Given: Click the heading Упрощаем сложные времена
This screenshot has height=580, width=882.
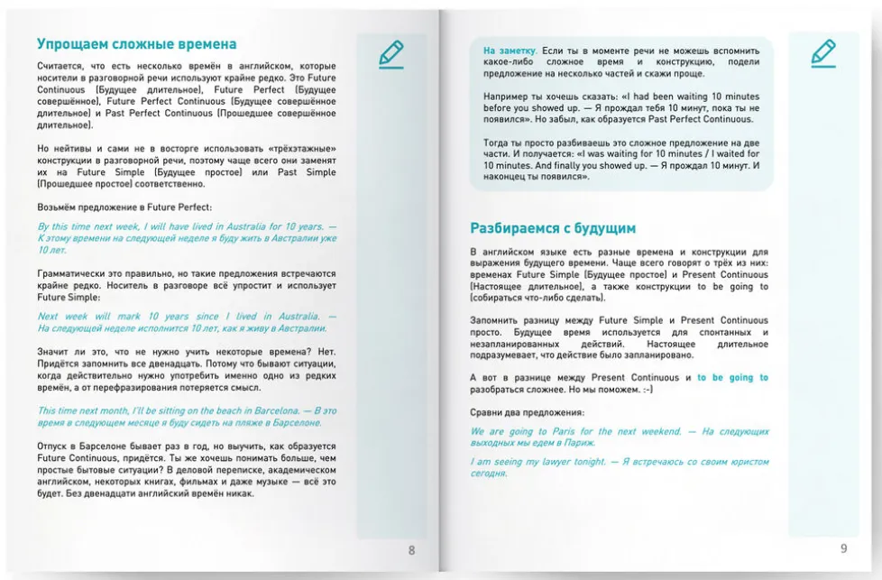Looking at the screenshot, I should [x=136, y=44].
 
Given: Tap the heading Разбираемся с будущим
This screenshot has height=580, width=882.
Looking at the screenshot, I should [x=553, y=227].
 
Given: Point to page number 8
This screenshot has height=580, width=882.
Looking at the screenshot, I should [x=412, y=549].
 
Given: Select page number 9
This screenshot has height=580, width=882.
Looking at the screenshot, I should [x=843, y=548].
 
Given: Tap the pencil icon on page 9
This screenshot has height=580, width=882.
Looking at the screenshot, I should [x=822, y=52].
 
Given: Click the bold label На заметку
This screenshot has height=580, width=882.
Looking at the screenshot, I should [x=510, y=51].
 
